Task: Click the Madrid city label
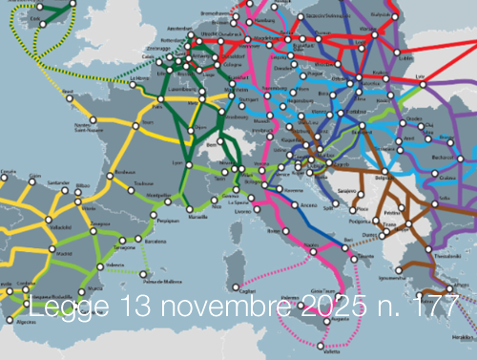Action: [66, 255]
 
